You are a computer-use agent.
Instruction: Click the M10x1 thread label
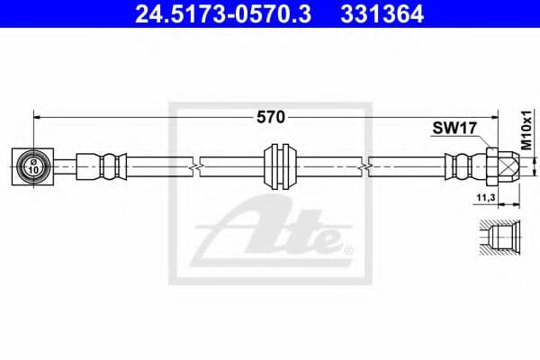(x=526, y=131)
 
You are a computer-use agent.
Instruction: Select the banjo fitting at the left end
(x=33, y=165)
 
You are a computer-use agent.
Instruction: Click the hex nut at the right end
(x=493, y=165)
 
